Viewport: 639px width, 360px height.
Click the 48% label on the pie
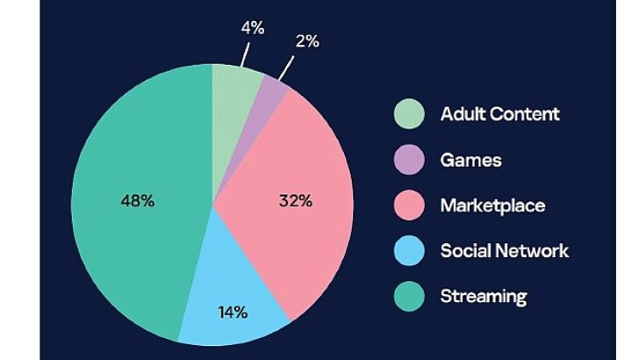point(137,201)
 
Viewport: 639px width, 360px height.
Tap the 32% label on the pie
point(295,201)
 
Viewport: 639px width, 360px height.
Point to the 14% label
point(233,312)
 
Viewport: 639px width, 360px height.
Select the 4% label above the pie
point(253,28)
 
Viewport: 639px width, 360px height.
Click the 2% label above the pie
point(306,41)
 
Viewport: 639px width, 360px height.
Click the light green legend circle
point(408,114)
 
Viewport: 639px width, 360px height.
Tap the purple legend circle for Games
point(408,160)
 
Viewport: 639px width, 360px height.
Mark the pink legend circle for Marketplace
point(408,205)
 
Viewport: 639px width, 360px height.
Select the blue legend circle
point(408,251)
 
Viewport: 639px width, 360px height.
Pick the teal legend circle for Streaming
point(408,296)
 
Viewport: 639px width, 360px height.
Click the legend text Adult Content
point(499,114)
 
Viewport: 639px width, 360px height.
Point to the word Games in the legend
point(470,160)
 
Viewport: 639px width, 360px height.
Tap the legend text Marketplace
point(492,205)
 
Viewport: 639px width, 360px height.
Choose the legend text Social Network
point(504,251)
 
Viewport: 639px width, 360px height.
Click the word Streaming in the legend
point(483,296)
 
